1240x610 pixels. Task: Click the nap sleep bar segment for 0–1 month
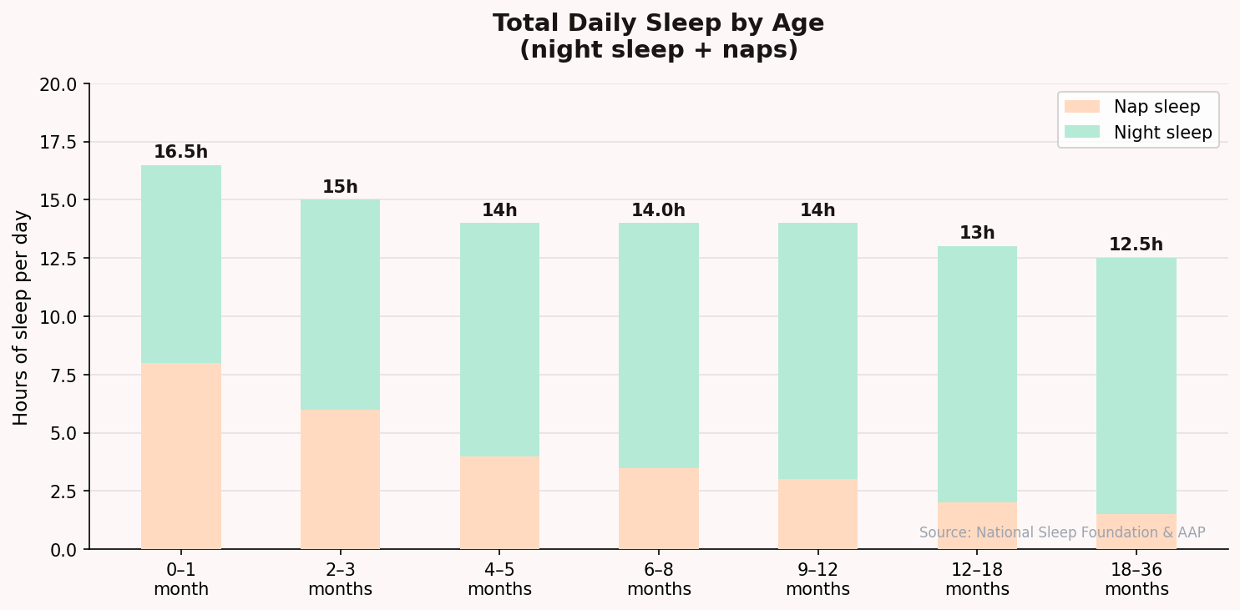pyautogui.click(x=181, y=456)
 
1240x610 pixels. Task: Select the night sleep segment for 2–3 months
pyautogui.click(x=340, y=305)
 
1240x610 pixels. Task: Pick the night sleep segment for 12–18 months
pyautogui.click(x=977, y=374)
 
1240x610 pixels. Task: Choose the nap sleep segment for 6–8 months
pyautogui.click(x=659, y=508)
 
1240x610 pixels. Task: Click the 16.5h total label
pyautogui.click(x=180, y=153)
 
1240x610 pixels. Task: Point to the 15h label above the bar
pyautogui.click(x=340, y=188)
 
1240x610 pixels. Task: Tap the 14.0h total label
pyautogui.click(x=658, y=211)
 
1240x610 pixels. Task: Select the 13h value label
pyautogui.click(x=977, y=234)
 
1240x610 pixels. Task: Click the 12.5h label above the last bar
pyautogui.click(x=1136, y=245)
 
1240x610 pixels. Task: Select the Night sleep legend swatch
pyautogui.click(x=1082, y=133)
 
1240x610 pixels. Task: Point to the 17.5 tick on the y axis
pyautogui.click(x=58, y=143)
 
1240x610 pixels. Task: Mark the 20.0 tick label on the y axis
pyautogui.click(x=58, y=84)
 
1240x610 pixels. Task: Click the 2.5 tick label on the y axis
pyautogui.click(x=64, y=492)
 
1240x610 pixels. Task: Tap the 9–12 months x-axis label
pyautogui.click(x=817, y=580)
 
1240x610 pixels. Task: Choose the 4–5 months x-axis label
pyautogui.click(x=499, y=580)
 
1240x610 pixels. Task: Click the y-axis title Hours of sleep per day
pyautogui.click(x=22, y=317)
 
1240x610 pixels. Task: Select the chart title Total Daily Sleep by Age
pyautogui.click(x=658, y=23)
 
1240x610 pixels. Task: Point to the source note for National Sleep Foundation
pyautogui.click(x=1062, y=532)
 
